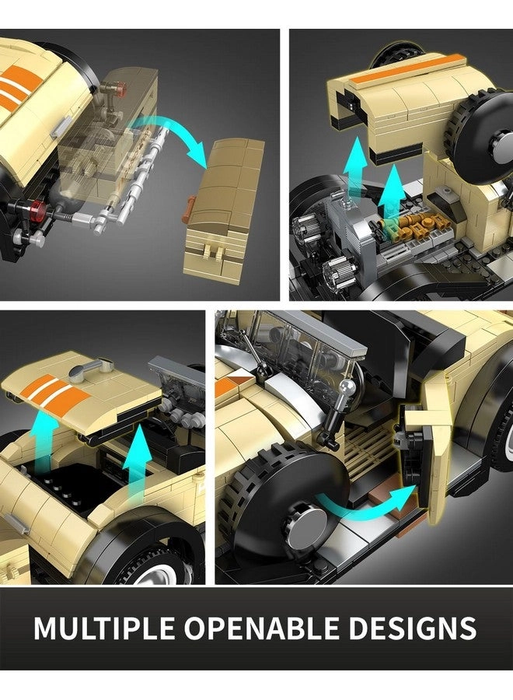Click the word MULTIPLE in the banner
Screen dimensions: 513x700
(104, 628)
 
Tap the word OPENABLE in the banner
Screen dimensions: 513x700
(261, 628)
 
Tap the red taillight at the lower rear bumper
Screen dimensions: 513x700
(38, 208)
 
